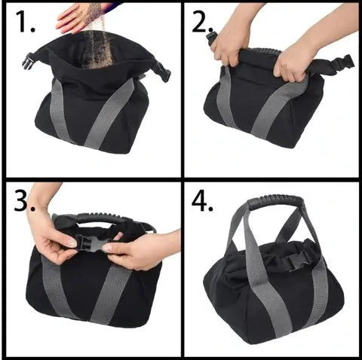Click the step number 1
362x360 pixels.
pos(25,21)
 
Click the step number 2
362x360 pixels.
pos(203,22)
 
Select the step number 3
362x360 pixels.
pos(24,200)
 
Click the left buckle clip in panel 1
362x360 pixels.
pos(28,61)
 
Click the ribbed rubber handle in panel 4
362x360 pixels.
pos(275,201)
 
